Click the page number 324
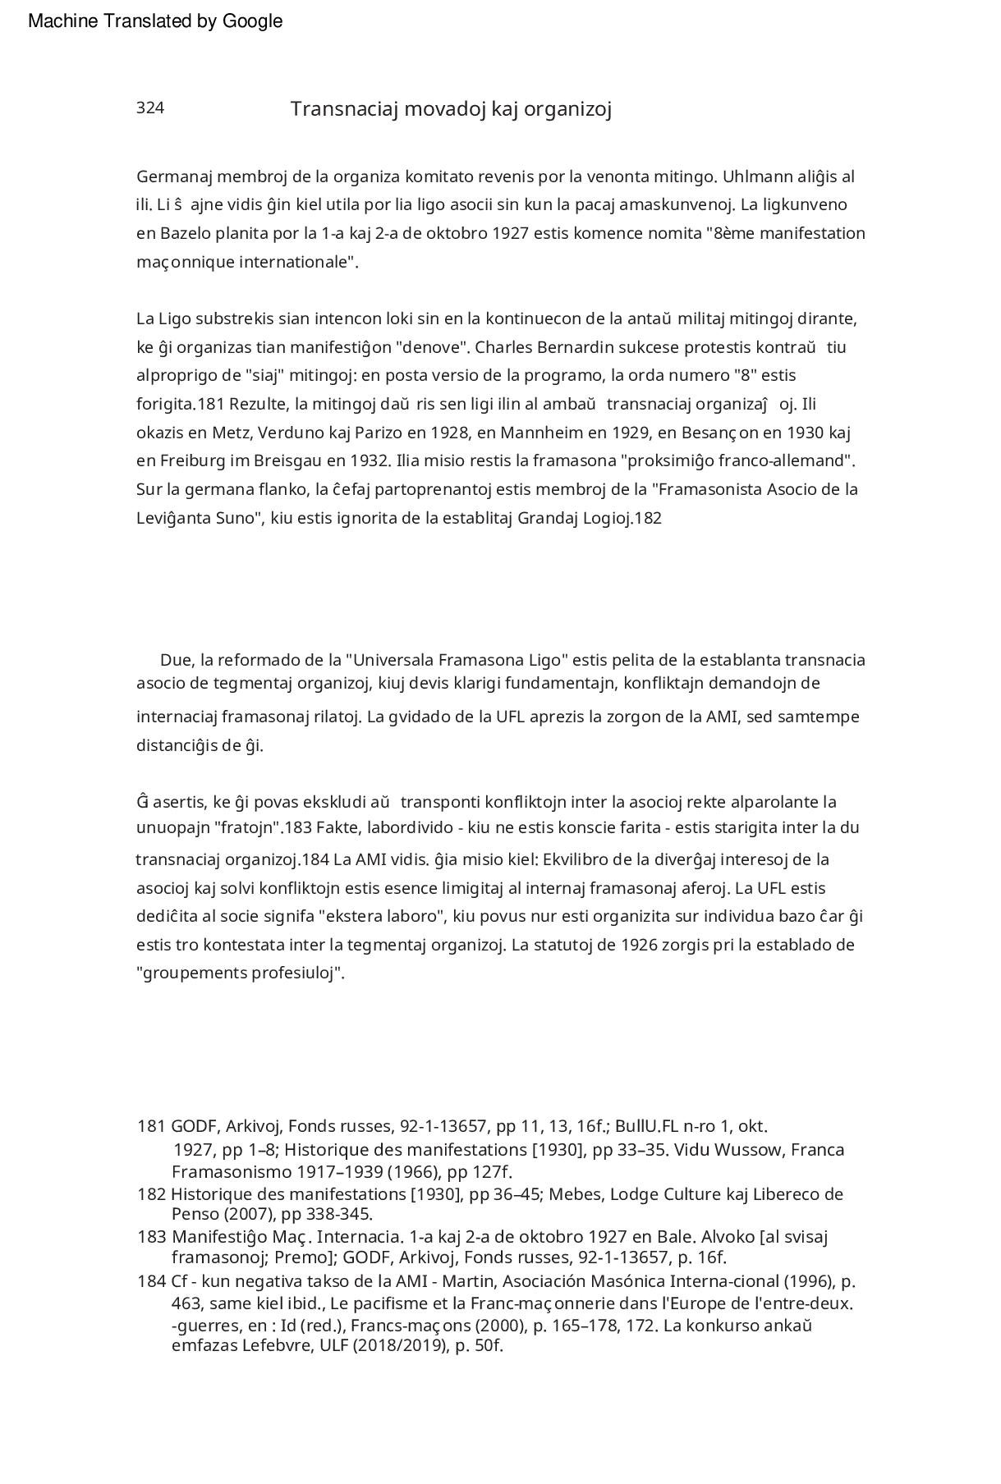(x=150, y=108)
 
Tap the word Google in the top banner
(x=252, y=21)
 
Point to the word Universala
(x=393, y=660)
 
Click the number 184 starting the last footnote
(x=151, y=1281)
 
